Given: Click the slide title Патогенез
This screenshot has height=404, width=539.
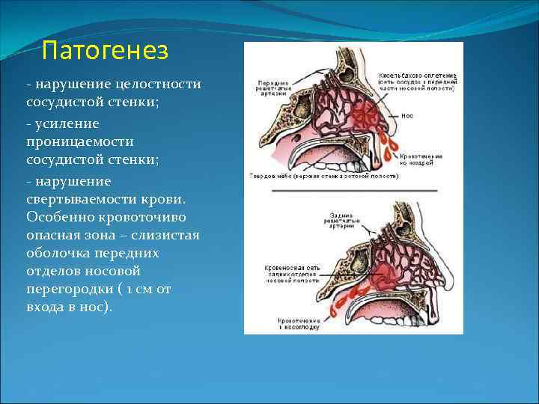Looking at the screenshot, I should (x=105, y=51).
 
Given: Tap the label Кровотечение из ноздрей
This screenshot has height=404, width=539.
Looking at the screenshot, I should (x=420, y=159).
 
